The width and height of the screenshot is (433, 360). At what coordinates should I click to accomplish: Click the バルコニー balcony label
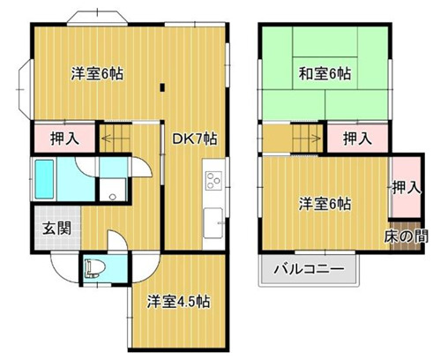click(x=307, y=270)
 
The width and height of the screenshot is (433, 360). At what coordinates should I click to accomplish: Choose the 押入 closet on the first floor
click(x=63, y=139)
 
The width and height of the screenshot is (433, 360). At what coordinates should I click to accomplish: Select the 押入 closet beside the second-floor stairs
click(x=356, y=139)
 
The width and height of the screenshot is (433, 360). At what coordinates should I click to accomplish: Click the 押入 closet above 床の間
click(x=406, y=188)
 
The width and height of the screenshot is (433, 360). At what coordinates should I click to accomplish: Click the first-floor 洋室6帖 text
click(x=96, y=74)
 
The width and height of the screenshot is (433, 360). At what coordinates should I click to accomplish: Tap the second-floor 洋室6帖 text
click(x=325, y=205)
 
